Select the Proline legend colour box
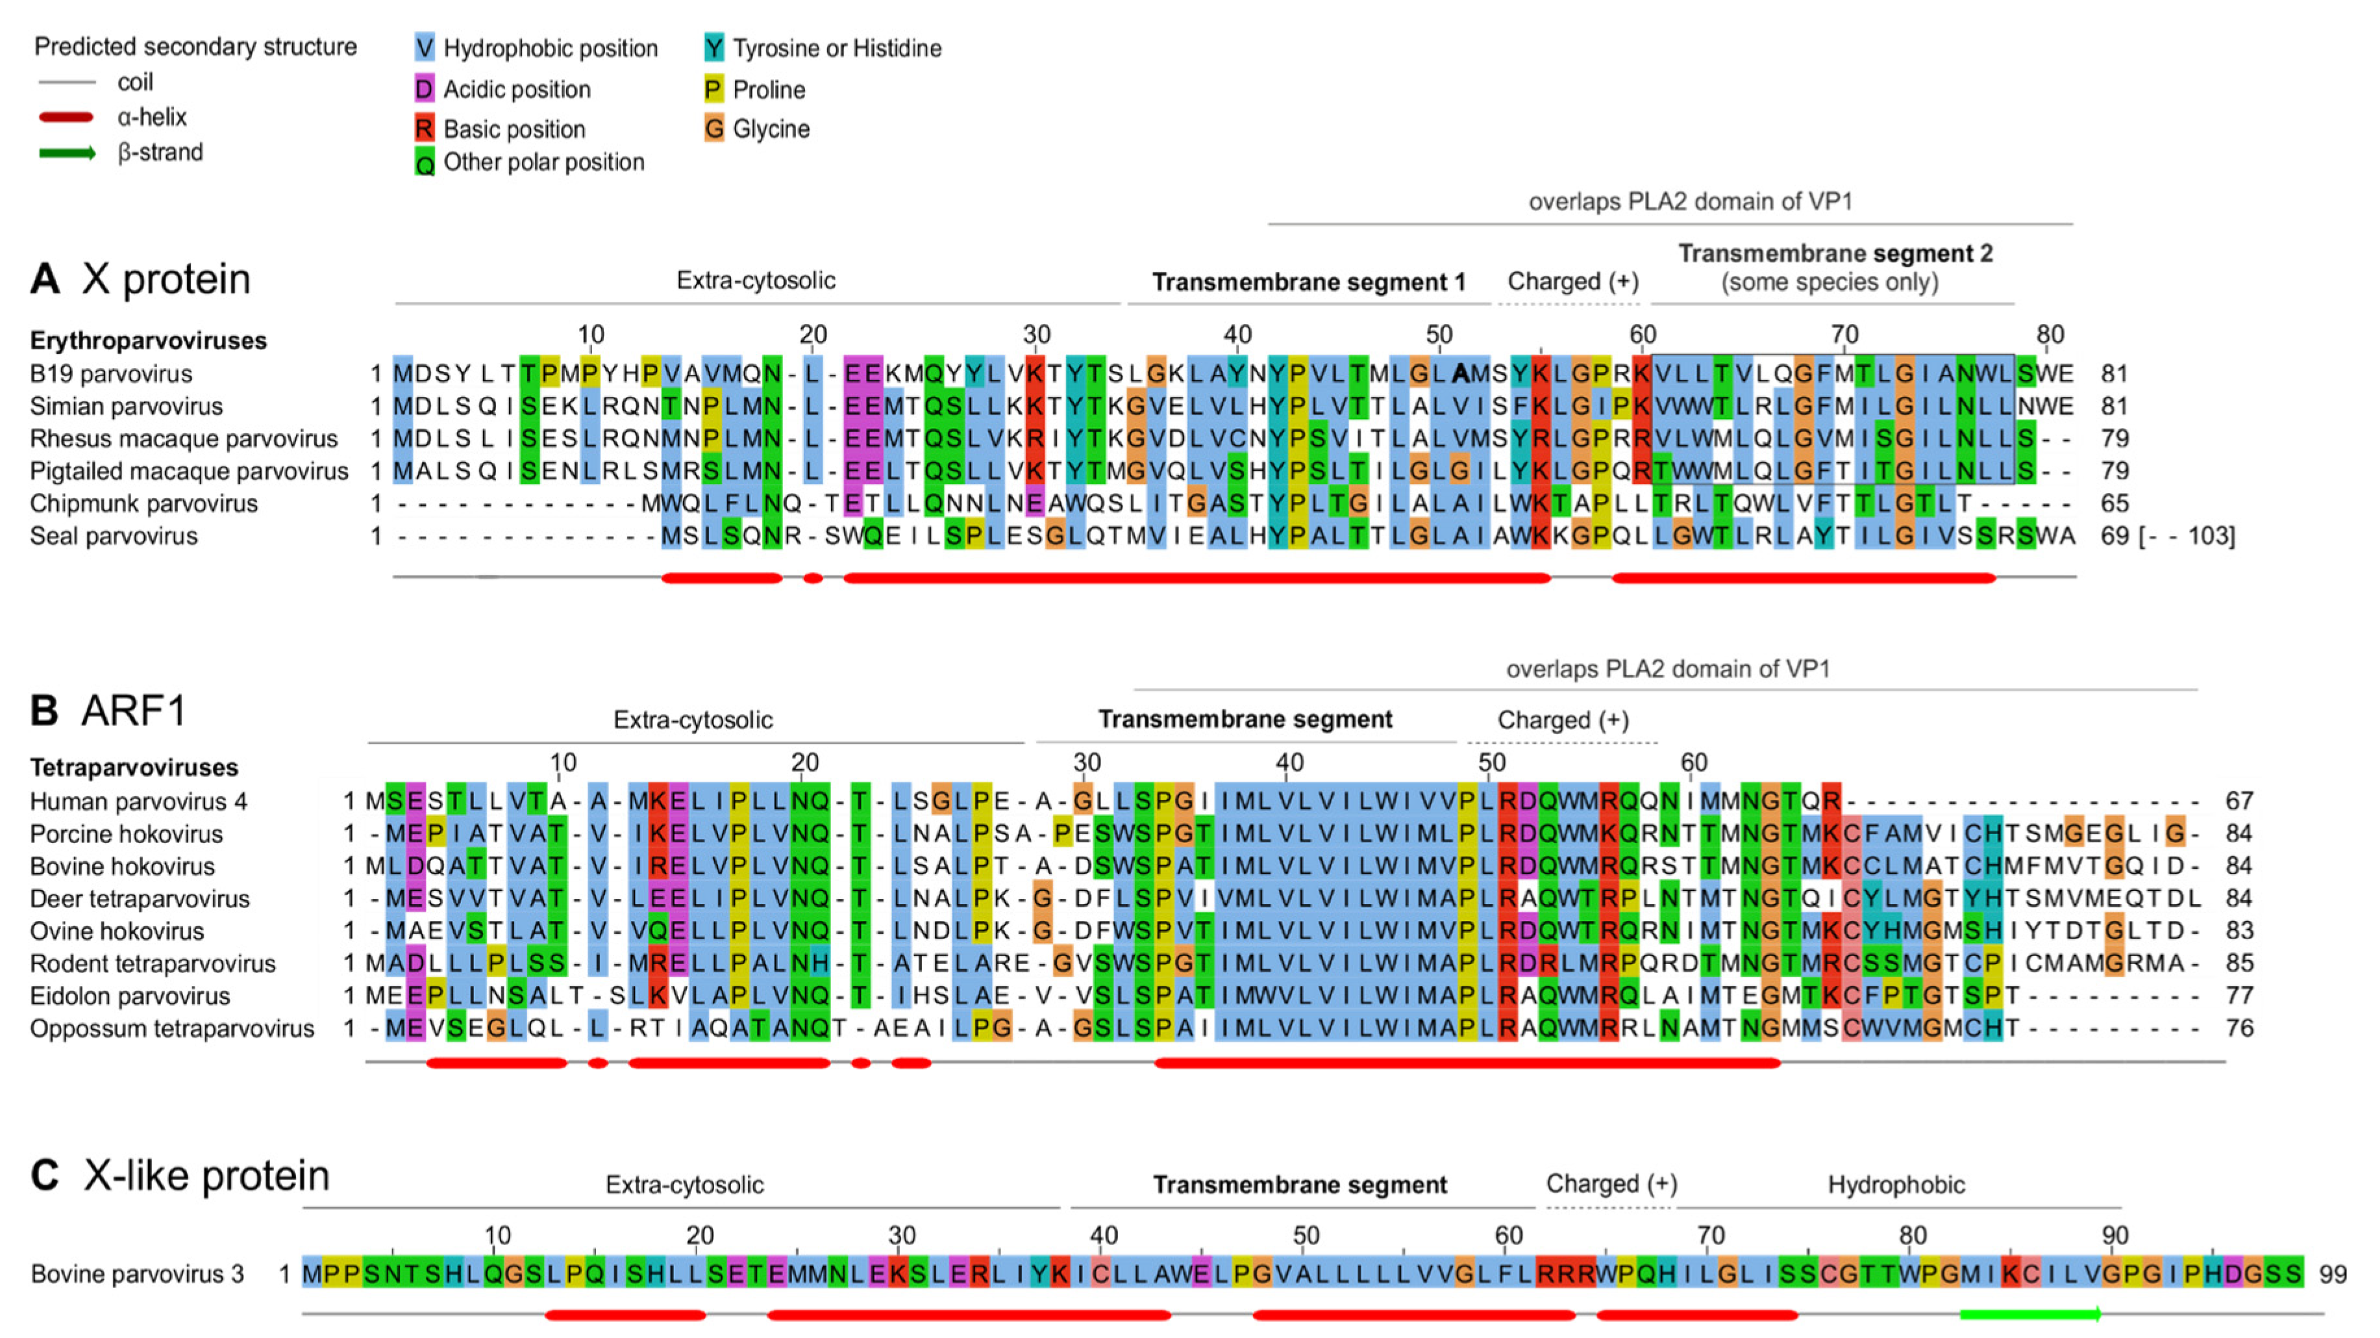coord(713,90)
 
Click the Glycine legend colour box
coord(713,129)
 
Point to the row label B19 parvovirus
coord(111,374)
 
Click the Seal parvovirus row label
coord(114,536)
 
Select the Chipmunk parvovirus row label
coord(143,503)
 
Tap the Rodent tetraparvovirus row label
coord(153,964)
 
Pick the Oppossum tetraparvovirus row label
coord(172,1028)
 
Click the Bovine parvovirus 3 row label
coord(137,1274)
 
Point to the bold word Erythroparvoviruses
coord(148,341)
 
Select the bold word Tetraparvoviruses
coord(134,768)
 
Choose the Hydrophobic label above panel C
coord(1896,1185)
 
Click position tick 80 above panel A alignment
coord(2050,334)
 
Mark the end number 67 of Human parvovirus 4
coord(2238,801)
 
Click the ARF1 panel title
coord(134,711)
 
